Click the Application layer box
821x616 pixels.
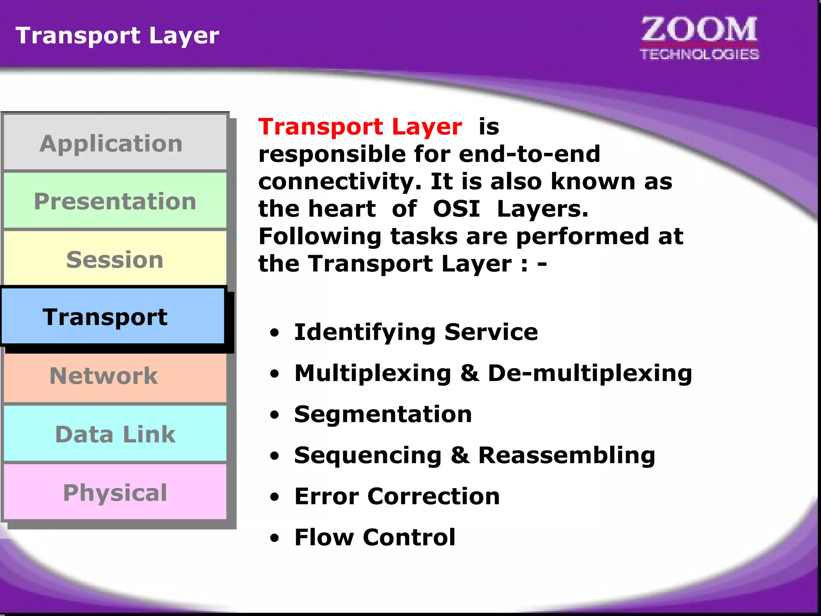click(115, 143)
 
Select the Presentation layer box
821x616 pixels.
click(115, 201)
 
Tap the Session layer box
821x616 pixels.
click(115, 259)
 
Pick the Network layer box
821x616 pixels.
click(115, 376)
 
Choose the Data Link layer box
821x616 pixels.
click(115, 434)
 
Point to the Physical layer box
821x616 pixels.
click(115, 492)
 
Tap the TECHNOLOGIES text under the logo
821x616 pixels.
click(699, 54)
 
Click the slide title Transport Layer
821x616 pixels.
click(117, 35)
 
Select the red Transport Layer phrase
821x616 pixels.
click(360, 127)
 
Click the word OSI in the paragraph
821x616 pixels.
click(456, 209)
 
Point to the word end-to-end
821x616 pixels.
click(529, 154)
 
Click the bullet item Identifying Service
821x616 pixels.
click(415, 332)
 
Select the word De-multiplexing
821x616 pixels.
click(589, 373)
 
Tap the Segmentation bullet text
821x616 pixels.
click(383, 414)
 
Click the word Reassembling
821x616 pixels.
click(566, 455)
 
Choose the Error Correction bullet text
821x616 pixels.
click(397, 496)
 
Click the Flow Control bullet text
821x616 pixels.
click(375, 537)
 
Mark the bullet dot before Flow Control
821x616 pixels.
click(274, 538)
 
